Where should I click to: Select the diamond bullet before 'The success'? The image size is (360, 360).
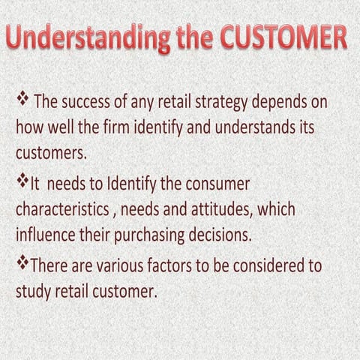pos(22,97)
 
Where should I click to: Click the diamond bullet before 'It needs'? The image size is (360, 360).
pos(22,181)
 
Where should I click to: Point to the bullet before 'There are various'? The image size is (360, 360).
pos(22,263)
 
